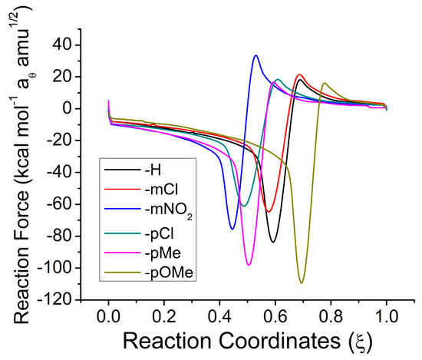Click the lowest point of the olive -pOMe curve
pos(302,282)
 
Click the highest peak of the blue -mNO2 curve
pos(256,55)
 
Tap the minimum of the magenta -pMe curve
pos(249,265)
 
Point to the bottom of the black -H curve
pos(272,243)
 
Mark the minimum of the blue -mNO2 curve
pos(232,229)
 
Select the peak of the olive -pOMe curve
pos(325,83)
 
